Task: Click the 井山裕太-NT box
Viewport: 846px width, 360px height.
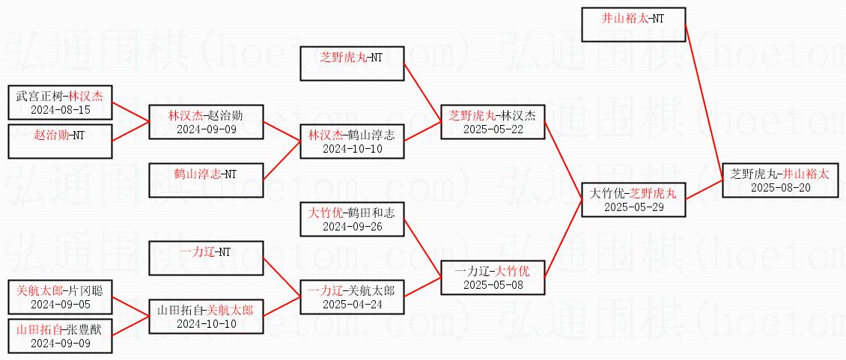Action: click(x=633, y=25)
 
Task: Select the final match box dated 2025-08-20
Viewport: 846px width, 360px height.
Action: click(x=780, y=180)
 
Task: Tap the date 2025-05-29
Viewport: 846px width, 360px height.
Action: click(x=634, y=207)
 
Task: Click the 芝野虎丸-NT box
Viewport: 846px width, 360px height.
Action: click(x=352, y=63)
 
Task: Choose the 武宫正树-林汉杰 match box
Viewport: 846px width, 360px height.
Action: click(x=60, y=103)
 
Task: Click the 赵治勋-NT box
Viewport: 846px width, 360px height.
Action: click(x=60, y=141)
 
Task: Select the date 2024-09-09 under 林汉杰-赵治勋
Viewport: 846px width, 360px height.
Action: click(x=205, y=129)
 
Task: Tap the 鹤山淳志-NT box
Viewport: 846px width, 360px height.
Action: click(x=205, y=180)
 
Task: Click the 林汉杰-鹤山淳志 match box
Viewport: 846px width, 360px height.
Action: click(x=352, y=141)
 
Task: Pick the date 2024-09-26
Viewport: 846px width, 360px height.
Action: click(x=352, y=226)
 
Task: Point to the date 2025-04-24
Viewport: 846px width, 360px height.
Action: click(x=352, y=304)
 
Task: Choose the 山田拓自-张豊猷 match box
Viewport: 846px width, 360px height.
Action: click(x=60, y=336)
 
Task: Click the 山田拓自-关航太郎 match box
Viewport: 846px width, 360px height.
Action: click(x=205, y=316)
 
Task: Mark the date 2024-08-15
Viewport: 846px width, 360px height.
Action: click(x=60, y=110)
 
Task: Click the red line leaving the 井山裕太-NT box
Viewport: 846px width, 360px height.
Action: click(x=704, y=97)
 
